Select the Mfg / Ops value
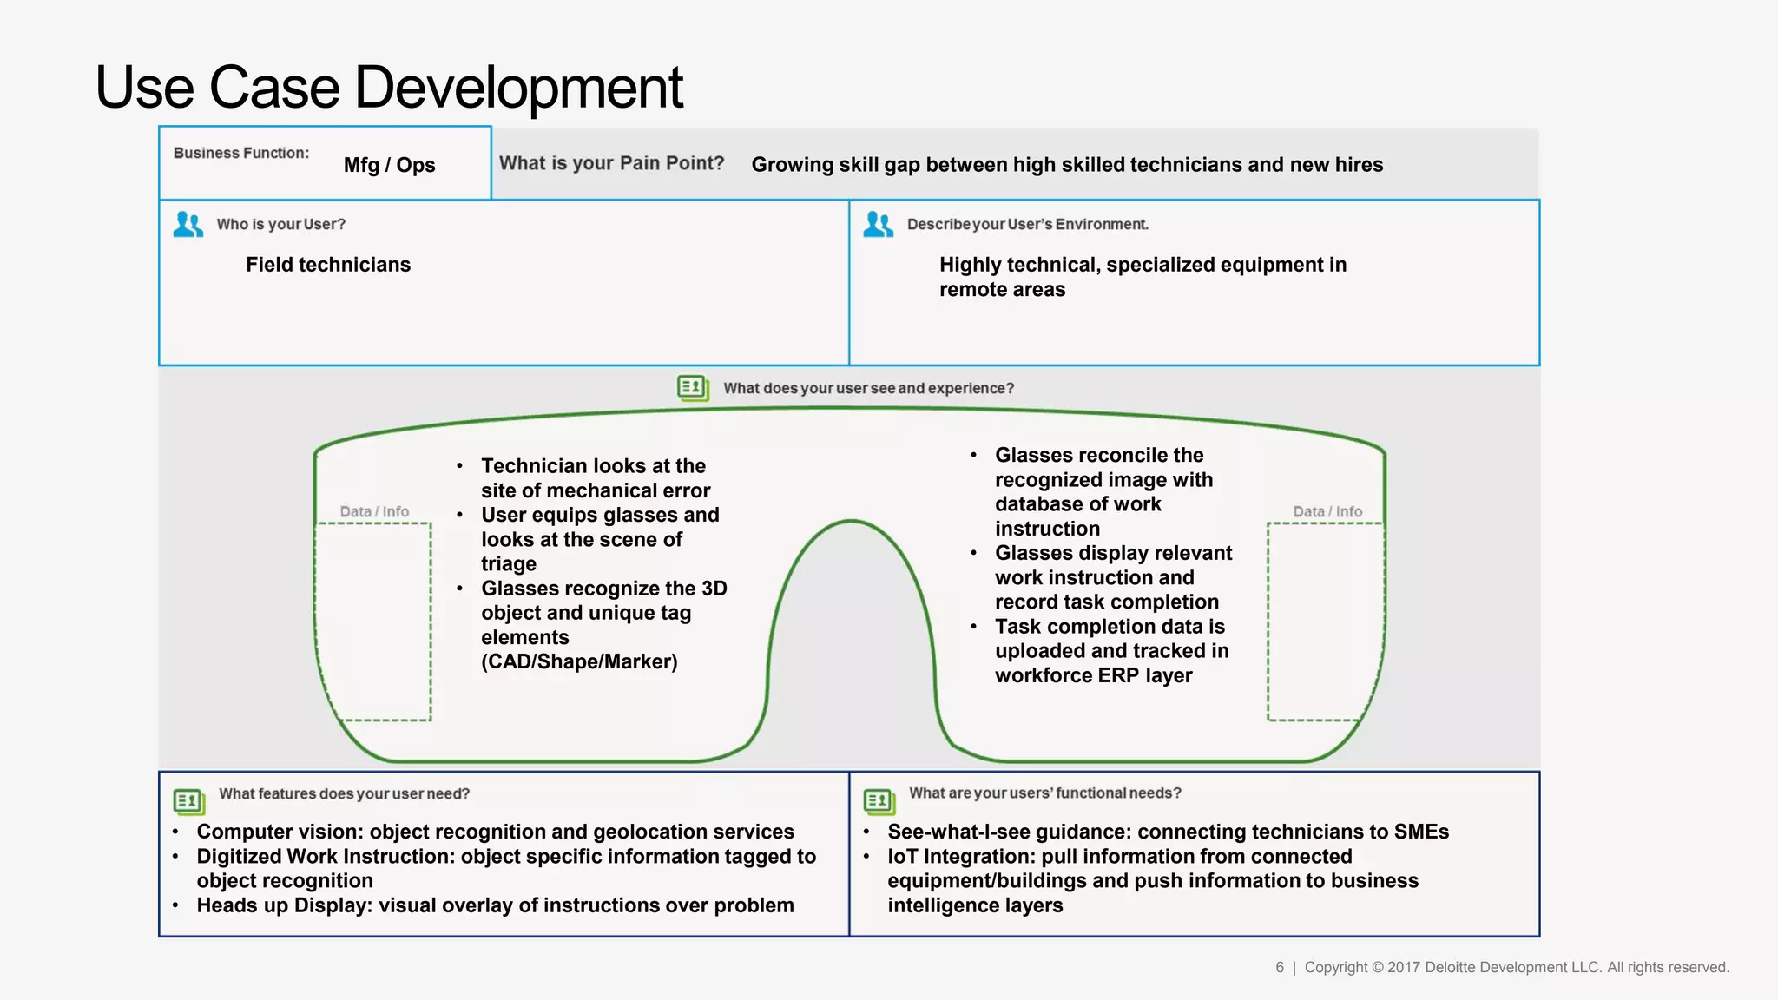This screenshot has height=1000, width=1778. click(389, 165)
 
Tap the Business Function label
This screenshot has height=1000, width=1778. click(241, 153)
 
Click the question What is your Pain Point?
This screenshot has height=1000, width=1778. click(611, 163)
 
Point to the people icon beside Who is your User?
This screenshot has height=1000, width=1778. click(188, 224)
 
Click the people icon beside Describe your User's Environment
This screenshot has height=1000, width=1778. click(878, 224)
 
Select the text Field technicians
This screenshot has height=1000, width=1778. click(328, 265)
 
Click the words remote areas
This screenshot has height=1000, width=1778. click(1002, 290)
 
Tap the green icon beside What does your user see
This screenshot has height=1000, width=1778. click(693, 387)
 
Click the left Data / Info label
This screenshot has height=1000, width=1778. click(374, 511)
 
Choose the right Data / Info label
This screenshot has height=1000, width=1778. click(1327, 511)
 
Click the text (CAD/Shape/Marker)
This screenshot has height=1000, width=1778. click(579, 661)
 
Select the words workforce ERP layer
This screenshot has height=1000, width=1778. click(1093, 675)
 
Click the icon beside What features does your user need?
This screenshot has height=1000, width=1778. click(188, 800)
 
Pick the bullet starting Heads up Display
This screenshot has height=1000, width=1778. click(495, 905)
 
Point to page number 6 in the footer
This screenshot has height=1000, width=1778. click(1280, 967)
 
